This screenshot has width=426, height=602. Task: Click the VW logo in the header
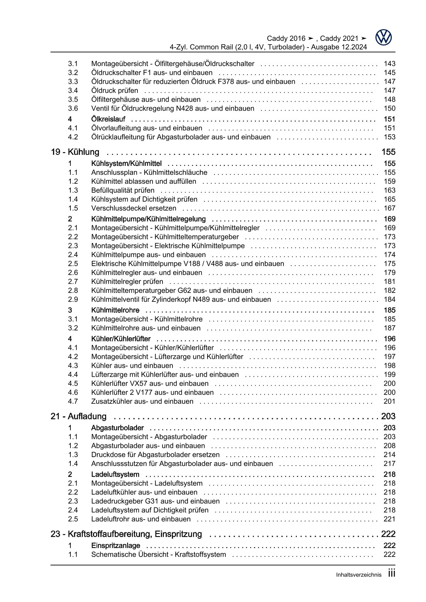pyautogui.click(x=383, y=37)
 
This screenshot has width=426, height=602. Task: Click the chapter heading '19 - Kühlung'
pyautogui.click(x=75, y=152)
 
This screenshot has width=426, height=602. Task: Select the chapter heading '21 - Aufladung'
pyautogui.click(x=78, y=417)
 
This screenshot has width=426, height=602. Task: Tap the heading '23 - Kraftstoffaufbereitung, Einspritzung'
pyautogui.click(x=126, y=534)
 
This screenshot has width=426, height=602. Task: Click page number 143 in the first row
pyautogui.click(x=390, y=64)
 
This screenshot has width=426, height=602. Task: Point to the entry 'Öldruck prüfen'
pyautogui.click(x=115, y=91)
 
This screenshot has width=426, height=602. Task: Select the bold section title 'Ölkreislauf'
pyautogui.click(x=108, y=119)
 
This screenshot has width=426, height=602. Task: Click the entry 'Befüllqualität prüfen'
pyautogui.click(x=123, y=191)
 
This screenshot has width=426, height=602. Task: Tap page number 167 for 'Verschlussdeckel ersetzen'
pyautogui.click(x=390, y=208)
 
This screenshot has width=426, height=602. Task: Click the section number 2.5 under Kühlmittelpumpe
pyautogui.click(x=73, y=264)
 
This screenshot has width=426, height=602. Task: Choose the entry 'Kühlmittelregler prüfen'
pyautogui.click(x=127, y=282)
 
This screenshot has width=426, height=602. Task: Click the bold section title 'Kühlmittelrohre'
pyautogui.click(x=115, y=310)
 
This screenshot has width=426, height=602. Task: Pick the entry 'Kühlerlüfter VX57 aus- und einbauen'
pyautogui.click(x=150, y=384)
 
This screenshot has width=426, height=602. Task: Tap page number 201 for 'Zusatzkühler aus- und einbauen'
pyautogui.click(x=390, y=401)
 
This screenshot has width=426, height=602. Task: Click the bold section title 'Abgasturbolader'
pyautogui.click(x=117, y=428)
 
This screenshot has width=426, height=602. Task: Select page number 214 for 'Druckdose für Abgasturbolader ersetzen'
pyautogui.click(x=390, y=455)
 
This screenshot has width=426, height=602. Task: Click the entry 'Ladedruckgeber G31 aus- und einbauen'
pyautogui.click(x=155, y=501)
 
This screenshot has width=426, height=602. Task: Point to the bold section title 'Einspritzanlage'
pyautogui.click(x=115, y=546)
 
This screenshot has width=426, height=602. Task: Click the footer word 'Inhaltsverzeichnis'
pyautogui.click(x=358, y=575)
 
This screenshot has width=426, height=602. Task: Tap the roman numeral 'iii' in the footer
pyautogui.click(x=392, y=573)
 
